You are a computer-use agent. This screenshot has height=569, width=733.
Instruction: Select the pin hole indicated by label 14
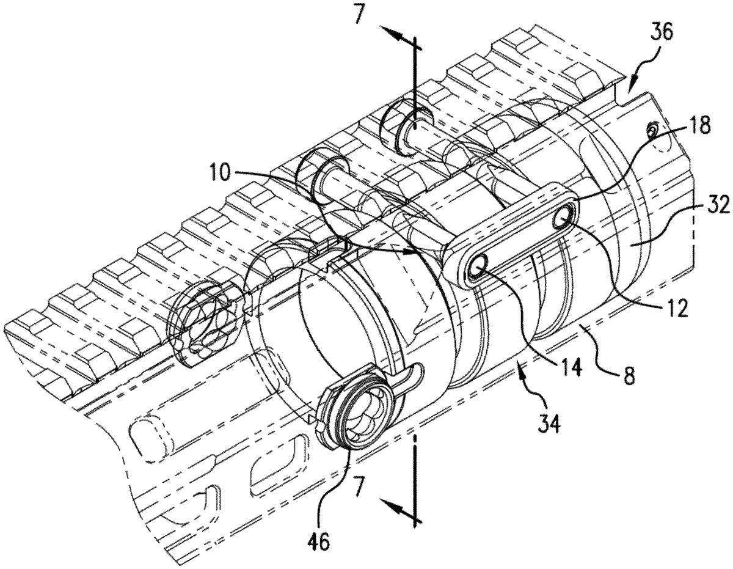[478, 265]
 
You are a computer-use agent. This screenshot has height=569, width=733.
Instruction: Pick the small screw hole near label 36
[652, 128]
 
